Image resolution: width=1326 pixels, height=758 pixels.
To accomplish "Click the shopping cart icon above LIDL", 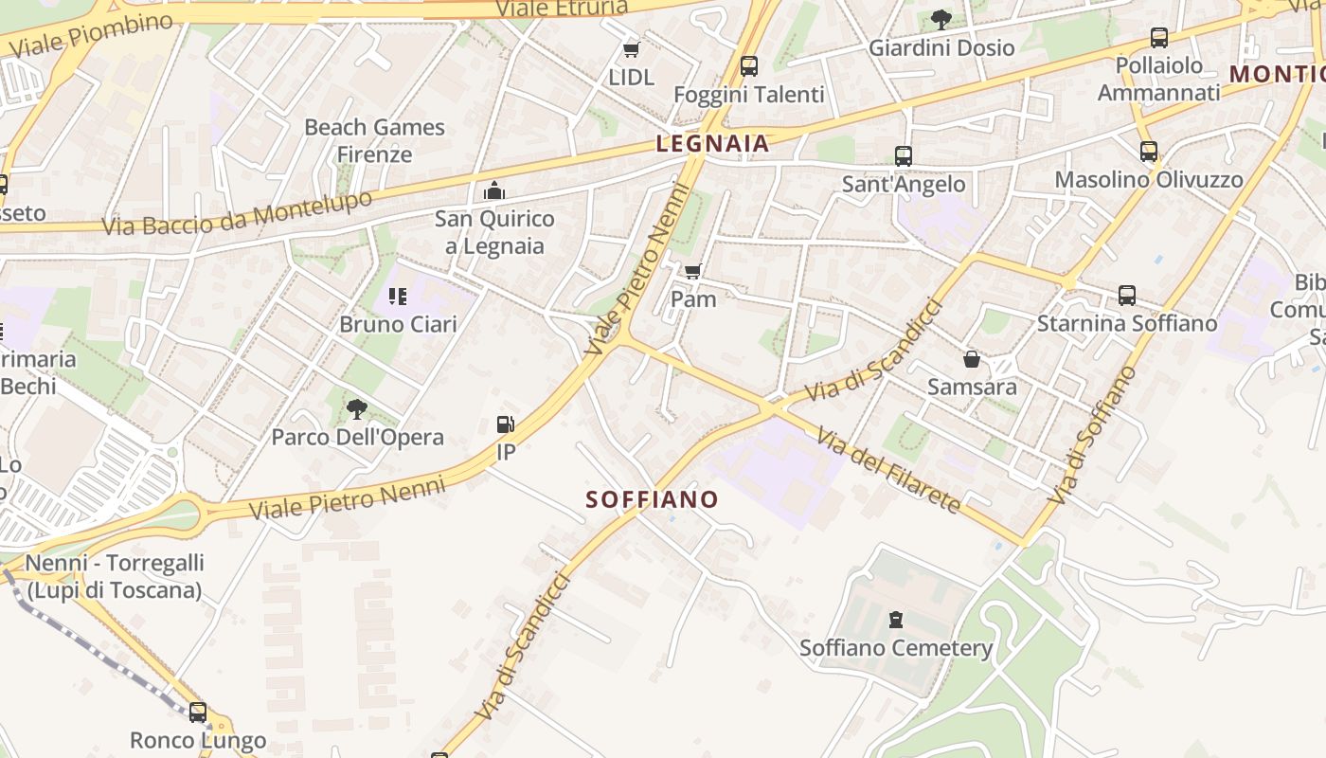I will (631, 49).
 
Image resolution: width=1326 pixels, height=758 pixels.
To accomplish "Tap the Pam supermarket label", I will (693, 298).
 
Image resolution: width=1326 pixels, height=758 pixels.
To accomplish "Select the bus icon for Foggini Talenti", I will (749, 66).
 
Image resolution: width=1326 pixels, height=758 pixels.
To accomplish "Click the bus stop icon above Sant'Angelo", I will (904, 156).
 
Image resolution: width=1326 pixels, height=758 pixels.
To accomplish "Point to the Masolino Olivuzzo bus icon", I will (1149, 152).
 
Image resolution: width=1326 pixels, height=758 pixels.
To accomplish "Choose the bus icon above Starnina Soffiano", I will (1127, 295).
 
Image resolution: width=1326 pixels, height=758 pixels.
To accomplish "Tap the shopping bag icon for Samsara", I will (972, 359).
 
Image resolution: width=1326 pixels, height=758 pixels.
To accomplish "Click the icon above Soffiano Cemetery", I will (896, 621).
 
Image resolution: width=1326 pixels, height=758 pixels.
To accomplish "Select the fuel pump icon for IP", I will (507, 424).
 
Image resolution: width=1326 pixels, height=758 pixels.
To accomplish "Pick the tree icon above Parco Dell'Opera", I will (357, 409).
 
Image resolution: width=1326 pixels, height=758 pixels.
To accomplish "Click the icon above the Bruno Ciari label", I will (398, 297).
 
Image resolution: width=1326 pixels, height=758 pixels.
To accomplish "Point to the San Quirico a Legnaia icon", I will (493, 191).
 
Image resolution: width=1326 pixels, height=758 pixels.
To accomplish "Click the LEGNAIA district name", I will (712, 144).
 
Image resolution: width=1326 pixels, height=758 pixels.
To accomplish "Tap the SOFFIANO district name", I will (652, 499).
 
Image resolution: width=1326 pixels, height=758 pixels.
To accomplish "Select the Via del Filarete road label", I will (888, 470).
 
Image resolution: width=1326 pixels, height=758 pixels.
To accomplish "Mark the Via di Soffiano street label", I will (1093, 436).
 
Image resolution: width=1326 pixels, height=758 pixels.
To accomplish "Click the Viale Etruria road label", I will (562, 9).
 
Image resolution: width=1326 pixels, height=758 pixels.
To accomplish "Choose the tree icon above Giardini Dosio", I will (941, 19).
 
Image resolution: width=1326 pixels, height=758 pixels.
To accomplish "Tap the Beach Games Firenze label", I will (375, 140).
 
